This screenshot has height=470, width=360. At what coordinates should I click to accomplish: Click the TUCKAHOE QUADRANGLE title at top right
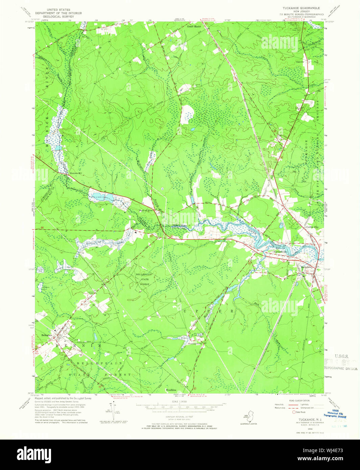click(x=298, y=8)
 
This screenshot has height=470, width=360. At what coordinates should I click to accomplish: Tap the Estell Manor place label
click(x=194, y=26)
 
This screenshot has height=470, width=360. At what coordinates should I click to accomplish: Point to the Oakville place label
click(x=309, y=62)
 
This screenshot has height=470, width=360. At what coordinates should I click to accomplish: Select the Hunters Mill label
click(x=76, y=173)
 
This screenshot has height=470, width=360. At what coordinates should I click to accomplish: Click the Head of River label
click(x=146, y=210)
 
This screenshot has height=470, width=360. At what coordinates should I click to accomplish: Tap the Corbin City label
click(x=312, y=227)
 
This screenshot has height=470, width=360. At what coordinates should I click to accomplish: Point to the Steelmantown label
click(x=195, y=344)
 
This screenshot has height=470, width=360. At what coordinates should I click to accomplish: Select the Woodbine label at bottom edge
click(x=171, y=390)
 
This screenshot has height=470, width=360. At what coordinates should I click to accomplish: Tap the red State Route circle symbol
click(x=294, y=412)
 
